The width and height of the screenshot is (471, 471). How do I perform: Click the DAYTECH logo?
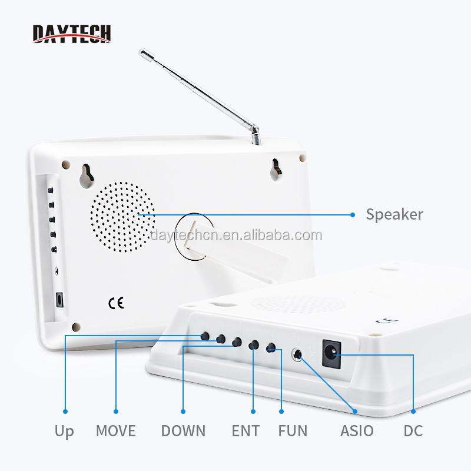pyautogui.click(x=71, y=34)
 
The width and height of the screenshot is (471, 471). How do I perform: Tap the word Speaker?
pyautogui.click(x=394, y=215)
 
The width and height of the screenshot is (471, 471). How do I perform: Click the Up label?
pyautogui.click(x=64, y=432)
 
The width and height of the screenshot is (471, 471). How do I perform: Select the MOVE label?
pyautogui.click(x=116, y=431)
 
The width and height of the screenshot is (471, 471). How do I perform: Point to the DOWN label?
pyautogui.click(x=183, y=431)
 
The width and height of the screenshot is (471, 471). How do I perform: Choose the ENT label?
pyautogui.click(x=246, y=431)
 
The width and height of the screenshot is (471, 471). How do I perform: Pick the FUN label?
pyautogui.click(x=293, y=431)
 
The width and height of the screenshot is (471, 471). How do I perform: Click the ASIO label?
pyautogui.click(x=357, y=431)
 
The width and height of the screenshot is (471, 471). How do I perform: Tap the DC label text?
pyautogui.click(x=413, y=431)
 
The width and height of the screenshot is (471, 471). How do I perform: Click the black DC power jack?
pyautogui.click(x=331, y=354)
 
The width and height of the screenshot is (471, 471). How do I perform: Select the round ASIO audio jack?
pyautogui.click(x=297, y=354)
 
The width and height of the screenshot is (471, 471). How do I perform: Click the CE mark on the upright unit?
pyautogui.click(x=116, y=303)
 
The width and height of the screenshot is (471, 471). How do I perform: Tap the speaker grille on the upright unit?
pyautogui.click(x=122, y=217)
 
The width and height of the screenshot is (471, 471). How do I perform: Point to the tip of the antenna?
pyautogui.click(x=142, y=52)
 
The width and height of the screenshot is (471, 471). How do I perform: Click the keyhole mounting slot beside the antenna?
pyautogui.click(x=276, y=170)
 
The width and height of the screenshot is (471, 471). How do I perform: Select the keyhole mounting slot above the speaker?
pyautogui.click(x=87, y=176)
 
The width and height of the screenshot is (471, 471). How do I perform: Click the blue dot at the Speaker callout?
pyautogui.click(x=353, y=215)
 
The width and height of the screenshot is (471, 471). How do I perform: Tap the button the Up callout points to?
pyautogui.click(x=205, y=336)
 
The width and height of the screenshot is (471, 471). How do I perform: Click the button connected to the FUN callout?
pyautogui.click(x=271, y=348)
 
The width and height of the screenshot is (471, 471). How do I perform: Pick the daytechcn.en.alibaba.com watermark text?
pyautogui.click(x=236, y=235)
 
